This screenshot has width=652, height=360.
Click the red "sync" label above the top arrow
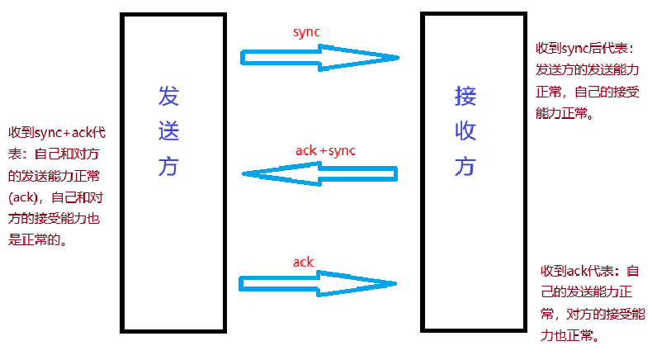click(305, 32)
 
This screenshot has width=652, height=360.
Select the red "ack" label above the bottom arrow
click(304, 262)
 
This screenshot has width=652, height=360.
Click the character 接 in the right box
click(465, 97)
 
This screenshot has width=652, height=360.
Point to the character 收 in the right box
click(465, 132)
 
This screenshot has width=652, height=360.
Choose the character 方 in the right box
click(465, 168)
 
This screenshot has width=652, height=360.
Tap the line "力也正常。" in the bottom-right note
click(569, 336)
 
